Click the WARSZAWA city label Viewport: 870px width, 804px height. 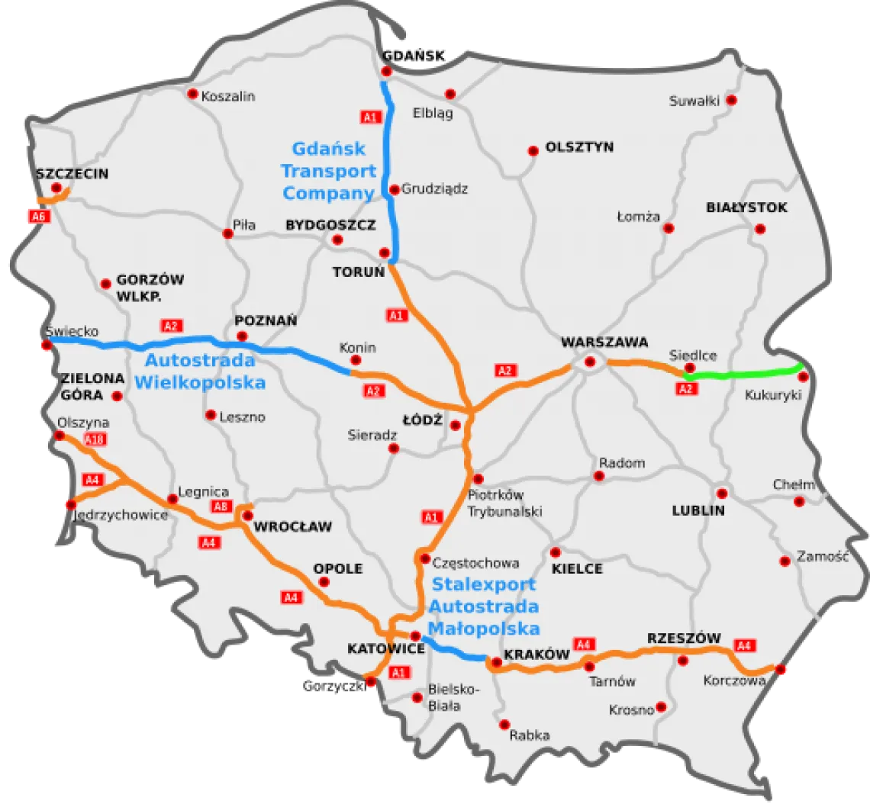click(x=604, y=342)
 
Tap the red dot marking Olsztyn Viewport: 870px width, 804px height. click(x=533, y=151)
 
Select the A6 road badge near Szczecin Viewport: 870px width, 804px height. click(x=38, y=217)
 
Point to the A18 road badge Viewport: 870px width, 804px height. click(x=96, y=439)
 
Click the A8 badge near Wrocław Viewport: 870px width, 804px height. click(x=220, y=507)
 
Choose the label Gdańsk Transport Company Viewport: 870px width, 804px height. click(x=329, y=171)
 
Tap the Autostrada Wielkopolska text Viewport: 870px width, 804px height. click(x=200, y=371)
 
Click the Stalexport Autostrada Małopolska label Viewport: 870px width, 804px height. click(x=484, y=606)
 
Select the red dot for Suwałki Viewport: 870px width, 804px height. click(x=731, y=100)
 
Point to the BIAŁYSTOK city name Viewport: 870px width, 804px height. click(x=746, y=207)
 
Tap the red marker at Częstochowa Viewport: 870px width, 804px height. click(x=424, y=558)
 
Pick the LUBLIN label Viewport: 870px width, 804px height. click(x=698, y=511)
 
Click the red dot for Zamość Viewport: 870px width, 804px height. click(x=785, y=561)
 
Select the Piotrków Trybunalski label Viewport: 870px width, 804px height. click(x=506, y=503)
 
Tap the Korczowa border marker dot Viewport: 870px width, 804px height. click(x=781, y=670)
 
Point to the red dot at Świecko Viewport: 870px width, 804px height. click(x=47, y=346)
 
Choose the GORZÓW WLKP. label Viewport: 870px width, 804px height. click(x=150, y=288)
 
